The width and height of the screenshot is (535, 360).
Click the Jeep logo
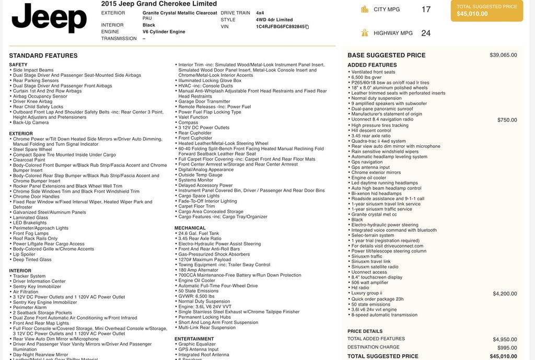[49, 18]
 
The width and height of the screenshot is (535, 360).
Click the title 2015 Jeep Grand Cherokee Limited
[159, 4]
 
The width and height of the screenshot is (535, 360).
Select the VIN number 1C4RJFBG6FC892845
[280, 27]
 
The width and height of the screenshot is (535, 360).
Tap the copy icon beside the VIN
[307, 27]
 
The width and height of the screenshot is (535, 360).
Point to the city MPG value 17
[426, 9]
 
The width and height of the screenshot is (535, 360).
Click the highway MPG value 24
[426, 33]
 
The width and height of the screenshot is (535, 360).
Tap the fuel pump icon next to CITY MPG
[365, 9]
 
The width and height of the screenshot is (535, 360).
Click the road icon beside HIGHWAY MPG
[365, 33]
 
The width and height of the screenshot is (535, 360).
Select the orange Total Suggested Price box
[486, 10]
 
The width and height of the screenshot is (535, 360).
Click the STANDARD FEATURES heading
[43, 55]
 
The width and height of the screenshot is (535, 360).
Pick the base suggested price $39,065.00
[503, 55]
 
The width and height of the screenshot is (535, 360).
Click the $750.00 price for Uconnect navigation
[507, 120]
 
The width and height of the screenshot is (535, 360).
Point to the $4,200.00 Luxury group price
[505, 294]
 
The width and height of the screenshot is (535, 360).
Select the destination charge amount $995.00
[507, 347]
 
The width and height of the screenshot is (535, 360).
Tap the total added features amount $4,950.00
[505, 339]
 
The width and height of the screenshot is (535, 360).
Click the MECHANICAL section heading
[190, 228]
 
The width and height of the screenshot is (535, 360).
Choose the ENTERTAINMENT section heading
[194, 339]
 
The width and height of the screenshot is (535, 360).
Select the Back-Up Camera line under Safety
[31, 123]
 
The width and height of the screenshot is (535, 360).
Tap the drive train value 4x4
[260, 13]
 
